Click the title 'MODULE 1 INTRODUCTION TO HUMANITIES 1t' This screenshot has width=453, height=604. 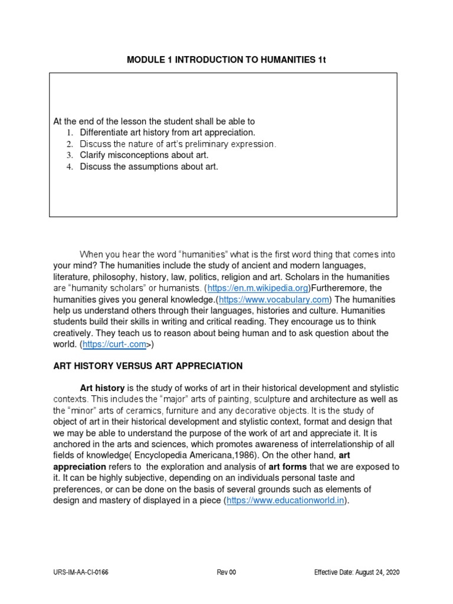tap(226, 60)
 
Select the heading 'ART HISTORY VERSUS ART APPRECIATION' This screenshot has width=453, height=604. tap(148, 366)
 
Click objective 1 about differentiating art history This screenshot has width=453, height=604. tap(168, 133)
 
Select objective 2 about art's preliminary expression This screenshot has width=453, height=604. tap(178, 144)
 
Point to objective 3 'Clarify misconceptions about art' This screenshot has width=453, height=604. tap(144, 155)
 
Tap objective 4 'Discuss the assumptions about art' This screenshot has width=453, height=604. tap(149, 166)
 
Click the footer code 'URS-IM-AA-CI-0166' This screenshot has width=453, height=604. tap(81, 572)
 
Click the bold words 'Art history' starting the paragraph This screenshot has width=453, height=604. tap(102, 388)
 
